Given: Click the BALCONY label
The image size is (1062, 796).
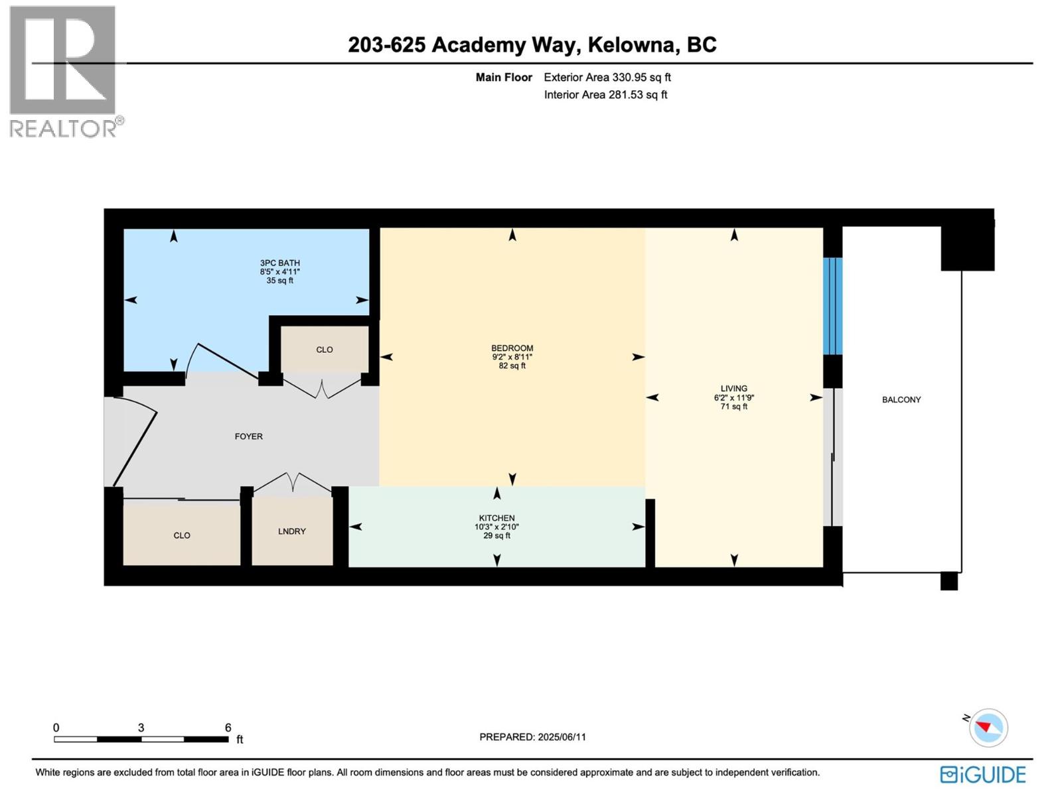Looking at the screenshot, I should (x=901, y=399).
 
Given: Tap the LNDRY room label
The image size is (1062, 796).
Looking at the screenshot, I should (x=291, y=531).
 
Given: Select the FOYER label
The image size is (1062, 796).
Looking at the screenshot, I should (x=248, y=436).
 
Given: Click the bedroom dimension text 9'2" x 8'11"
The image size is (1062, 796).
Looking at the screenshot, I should (x=512, y=357).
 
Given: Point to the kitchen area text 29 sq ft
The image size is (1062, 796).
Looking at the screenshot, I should (x=496, y=536).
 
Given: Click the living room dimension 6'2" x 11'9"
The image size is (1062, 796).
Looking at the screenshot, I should (x=733, y=398).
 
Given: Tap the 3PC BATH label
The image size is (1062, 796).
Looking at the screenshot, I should (x=279, y=263).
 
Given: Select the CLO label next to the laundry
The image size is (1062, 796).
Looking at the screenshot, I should (x=181, y=535).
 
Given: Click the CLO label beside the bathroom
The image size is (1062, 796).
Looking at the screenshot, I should (x=324, y=350).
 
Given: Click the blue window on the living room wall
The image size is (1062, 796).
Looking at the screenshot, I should (x=832, y=305).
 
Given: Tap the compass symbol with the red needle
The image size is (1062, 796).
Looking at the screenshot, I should (x=988, y=727).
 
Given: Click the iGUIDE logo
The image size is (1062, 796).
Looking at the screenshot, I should (x=983, y=775).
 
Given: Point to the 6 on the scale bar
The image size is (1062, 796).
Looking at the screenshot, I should (x=228, y=728).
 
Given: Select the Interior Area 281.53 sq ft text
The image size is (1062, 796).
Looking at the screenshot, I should (x=605, y=95).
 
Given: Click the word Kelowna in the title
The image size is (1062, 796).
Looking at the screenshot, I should (x=631, y=44).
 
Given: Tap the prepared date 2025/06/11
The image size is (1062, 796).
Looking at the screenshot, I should (x=562, y=737).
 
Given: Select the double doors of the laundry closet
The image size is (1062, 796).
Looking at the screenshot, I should (x=293, y=483).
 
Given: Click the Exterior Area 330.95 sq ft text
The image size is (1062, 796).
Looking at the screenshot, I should (x=607, y=78).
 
